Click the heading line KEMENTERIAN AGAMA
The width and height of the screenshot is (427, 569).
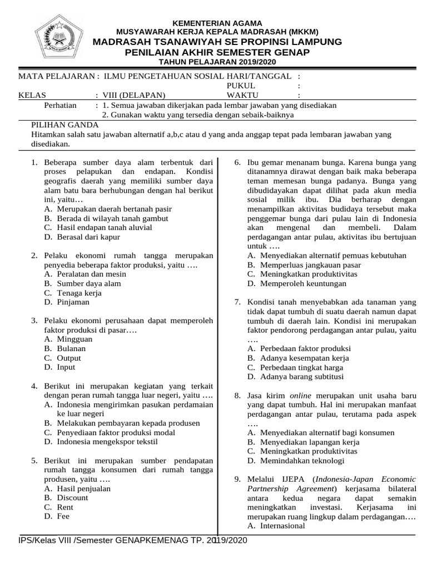pos(217,23)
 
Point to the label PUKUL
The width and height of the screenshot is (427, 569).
pos(240,86)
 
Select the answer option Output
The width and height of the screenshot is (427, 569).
pos(69,358)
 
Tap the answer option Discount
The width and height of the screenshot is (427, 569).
pos(72,498)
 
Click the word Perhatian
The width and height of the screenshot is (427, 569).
pos(61,105)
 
